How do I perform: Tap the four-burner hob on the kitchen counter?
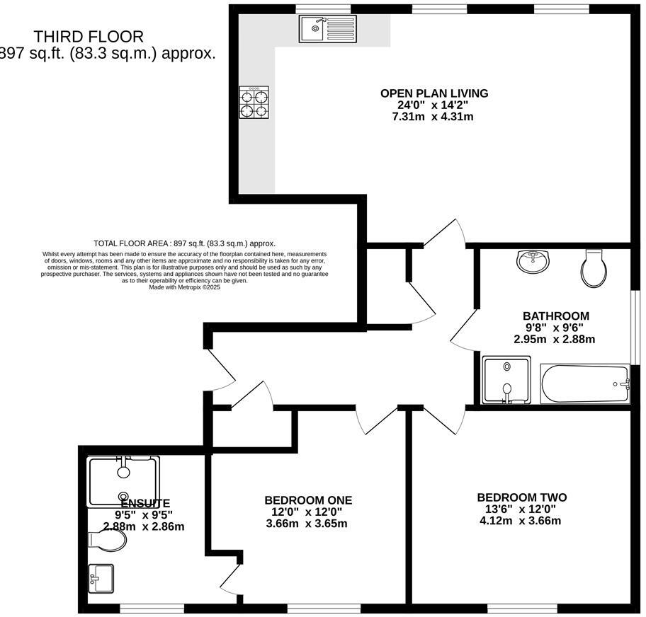254,102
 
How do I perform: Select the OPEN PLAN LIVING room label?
433,93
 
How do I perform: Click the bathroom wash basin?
532,261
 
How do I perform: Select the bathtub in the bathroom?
584,384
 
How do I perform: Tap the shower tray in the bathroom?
506,380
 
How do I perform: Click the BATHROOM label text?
555,316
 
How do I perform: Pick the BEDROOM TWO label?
521,497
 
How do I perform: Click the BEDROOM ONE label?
308,500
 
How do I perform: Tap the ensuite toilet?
108,541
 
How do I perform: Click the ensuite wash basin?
101,579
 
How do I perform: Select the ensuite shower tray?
123,481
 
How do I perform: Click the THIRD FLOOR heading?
89,37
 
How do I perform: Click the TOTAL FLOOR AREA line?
184,243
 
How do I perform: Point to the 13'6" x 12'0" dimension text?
521,509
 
